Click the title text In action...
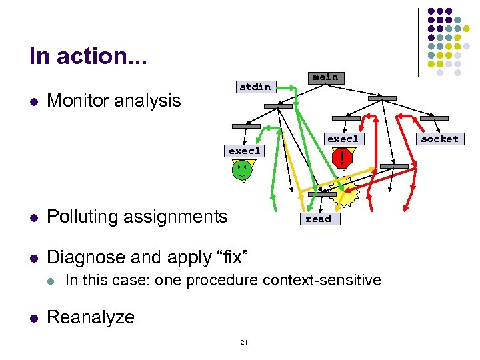[88, 56]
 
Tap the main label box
[325, 77]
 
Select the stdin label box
[255, 87]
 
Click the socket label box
[440, 139]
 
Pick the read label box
[318, 219]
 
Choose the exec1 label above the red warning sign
[342, 139]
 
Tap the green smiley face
[242, 171]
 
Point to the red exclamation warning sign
[342, 159]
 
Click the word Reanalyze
[91, 317]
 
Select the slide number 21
[243, 343]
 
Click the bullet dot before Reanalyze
[33, 318]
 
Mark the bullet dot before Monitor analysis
[33, 101]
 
